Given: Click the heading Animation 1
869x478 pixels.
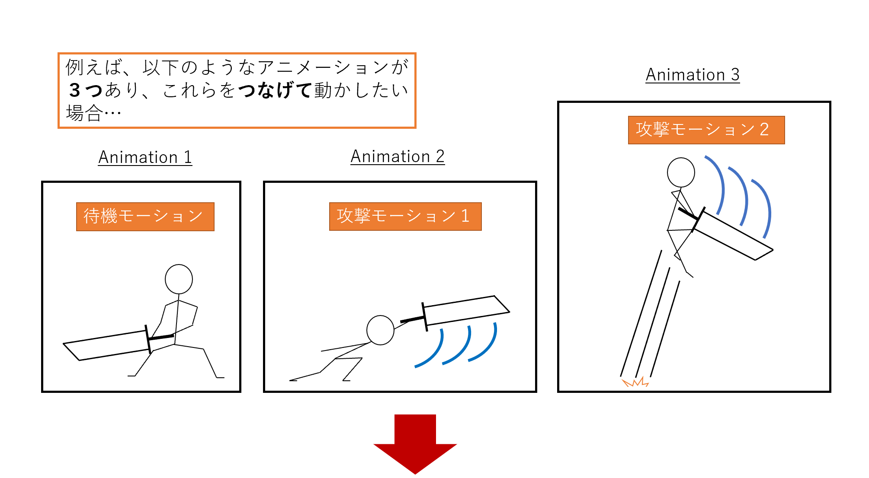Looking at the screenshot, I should (145, 157).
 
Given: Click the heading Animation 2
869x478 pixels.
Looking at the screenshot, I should (398, 156).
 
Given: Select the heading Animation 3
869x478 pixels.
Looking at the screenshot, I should (693, 75).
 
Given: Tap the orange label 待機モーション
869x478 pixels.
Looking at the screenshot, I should (145, 217).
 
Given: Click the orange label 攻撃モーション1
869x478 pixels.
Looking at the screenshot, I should (405, 216).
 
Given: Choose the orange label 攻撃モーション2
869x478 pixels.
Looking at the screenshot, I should (706, 130).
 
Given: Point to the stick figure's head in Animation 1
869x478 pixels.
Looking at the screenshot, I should (179, 279).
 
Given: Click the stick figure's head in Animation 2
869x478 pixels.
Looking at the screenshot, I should (380, 330).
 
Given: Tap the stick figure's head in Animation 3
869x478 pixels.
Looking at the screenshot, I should (681, 172).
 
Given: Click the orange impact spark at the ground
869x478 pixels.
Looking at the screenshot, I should (635, 382).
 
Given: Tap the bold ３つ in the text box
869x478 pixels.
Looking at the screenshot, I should (86, 90).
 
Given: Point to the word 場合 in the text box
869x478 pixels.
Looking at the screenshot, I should (85, 114).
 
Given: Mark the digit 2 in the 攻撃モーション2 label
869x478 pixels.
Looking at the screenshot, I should (764, 130).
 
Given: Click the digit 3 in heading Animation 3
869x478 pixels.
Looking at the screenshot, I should (735, 75).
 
